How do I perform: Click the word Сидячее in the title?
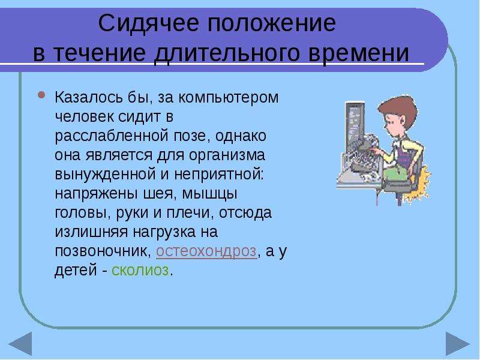(x=148, y=23)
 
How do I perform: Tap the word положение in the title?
(x=272, y=23)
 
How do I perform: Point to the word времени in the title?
(x=358, y=54)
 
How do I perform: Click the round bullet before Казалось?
(x=41, y=95)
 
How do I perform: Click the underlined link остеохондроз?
(x=206, y=251)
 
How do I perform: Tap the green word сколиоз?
(x=140, y=271)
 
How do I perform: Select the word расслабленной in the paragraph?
(x=112, y=136)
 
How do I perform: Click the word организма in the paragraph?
(x=227, y=155)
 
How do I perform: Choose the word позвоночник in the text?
(x=103, y=251)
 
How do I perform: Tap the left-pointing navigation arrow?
(x=22, y=343)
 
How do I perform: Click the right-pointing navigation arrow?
(x=457, y=343)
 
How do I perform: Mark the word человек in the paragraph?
(x=84, y=117)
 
